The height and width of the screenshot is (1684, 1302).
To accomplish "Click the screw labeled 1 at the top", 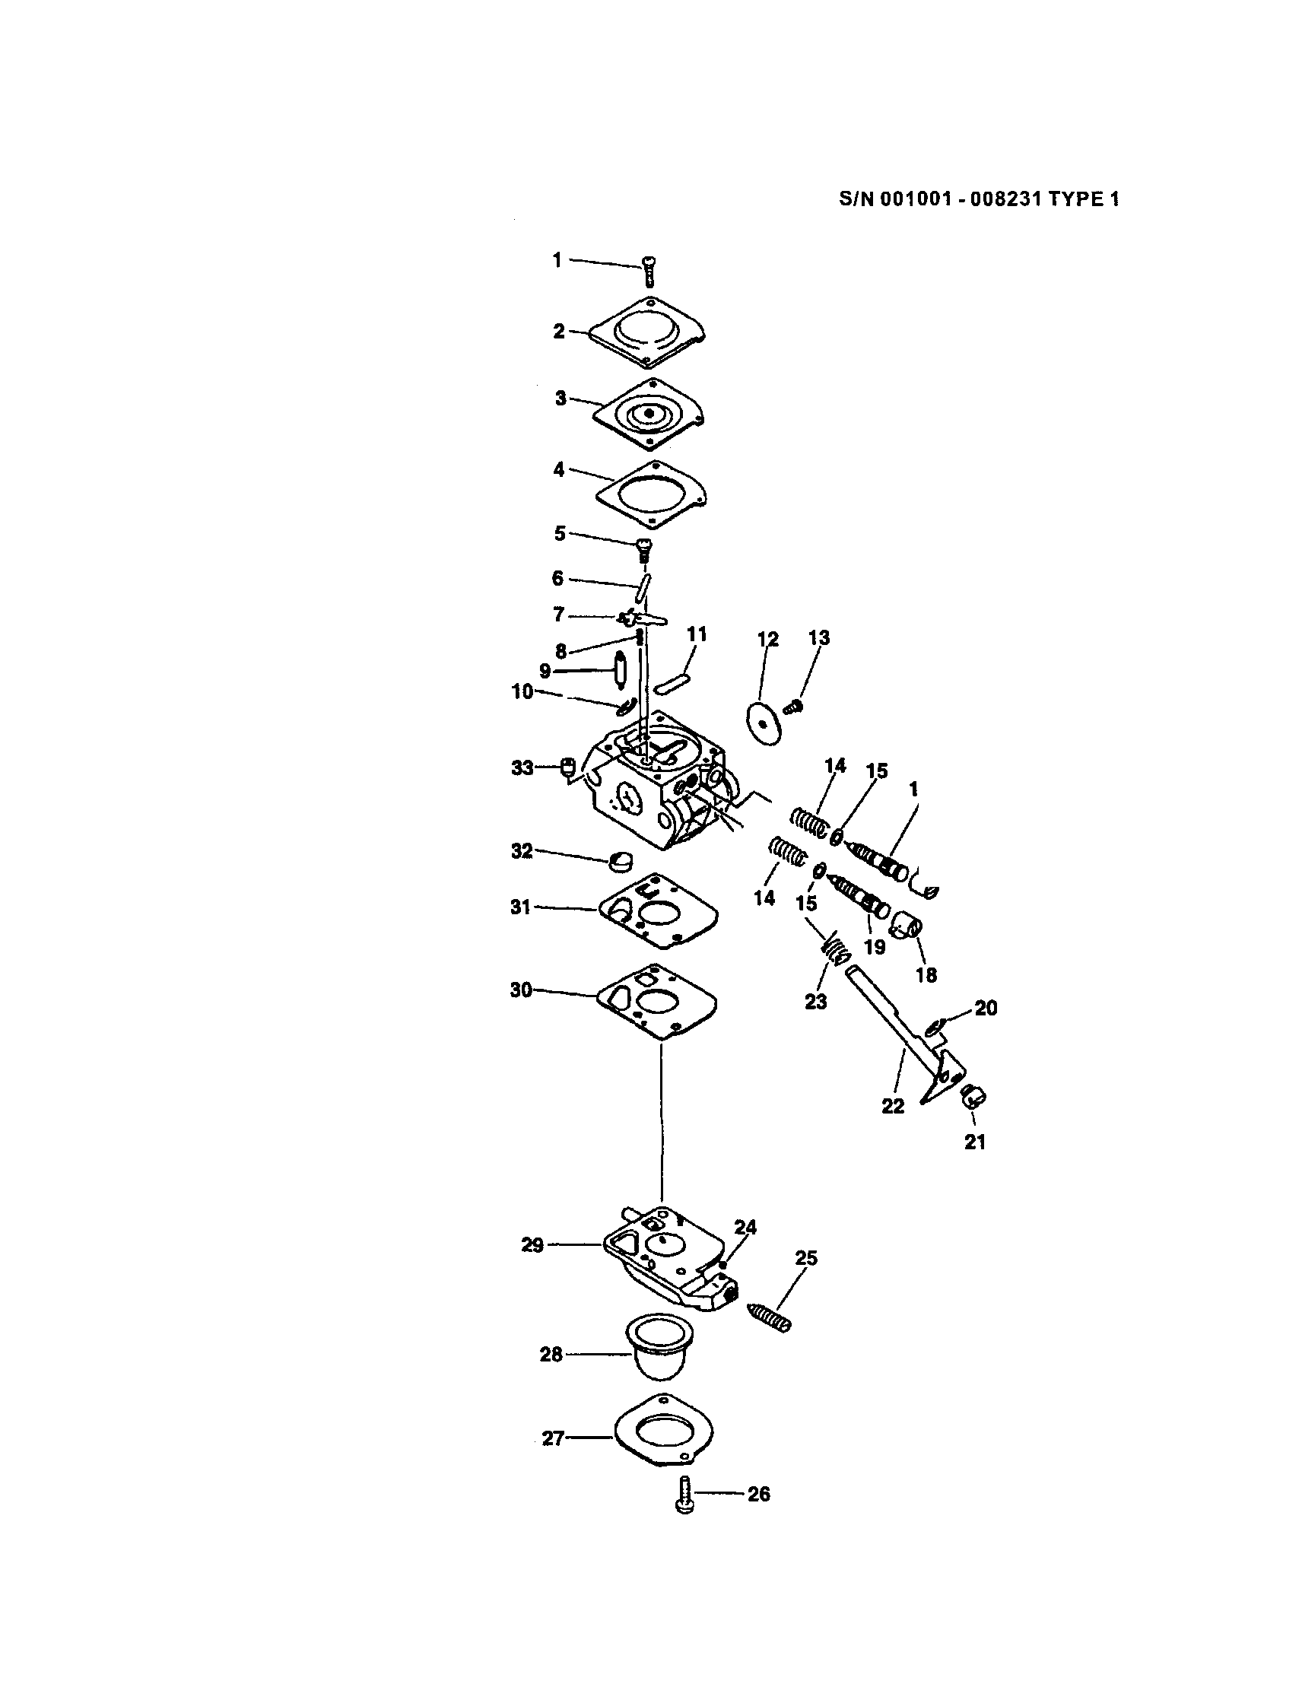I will click(648, 272).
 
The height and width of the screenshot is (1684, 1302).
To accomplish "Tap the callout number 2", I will click(559, 331).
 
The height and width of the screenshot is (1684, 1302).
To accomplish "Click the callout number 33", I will click(522, 768).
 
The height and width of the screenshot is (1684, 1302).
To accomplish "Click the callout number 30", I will click(521, 990).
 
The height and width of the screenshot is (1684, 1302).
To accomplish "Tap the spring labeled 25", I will click(770, 1316).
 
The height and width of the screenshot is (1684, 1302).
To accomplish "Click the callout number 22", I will click(893, 1106).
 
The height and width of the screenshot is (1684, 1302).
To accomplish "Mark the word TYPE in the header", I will click(1075, 199).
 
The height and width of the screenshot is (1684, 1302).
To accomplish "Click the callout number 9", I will click(545, 670).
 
